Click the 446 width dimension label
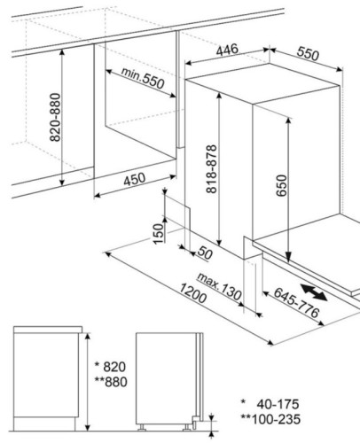[227, 50]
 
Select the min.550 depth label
[143, 78]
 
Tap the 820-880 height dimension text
[55, 117]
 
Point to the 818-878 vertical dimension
[212, 168]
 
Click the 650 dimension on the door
[282, 185]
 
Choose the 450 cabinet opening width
[135, 179]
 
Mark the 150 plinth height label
[159, 234]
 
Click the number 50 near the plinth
[205, 253]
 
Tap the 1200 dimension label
[192, 293]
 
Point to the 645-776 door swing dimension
[297, 302]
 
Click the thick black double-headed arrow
[314, 292]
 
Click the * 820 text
[110, 367]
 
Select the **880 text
[111, 382]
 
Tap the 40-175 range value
[278, 404]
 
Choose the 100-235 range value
[276, 419]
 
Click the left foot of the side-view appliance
[142, 427]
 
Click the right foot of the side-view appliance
[187, 427]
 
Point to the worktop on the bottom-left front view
[48, 330]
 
